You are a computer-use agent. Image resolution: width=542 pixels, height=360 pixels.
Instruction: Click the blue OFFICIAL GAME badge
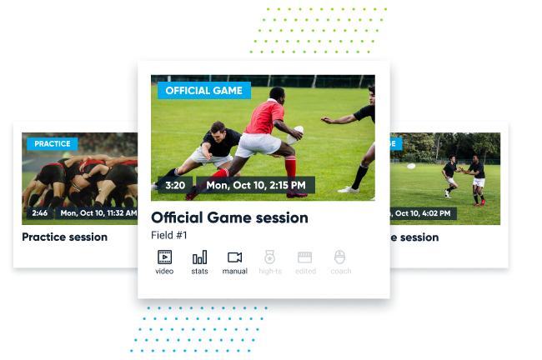203,90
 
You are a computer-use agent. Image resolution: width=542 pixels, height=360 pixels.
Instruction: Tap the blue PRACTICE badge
52,143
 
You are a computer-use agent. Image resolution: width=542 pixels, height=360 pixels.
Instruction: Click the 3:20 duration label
174,185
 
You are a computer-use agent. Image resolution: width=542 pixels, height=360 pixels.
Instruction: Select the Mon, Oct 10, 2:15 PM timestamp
256,185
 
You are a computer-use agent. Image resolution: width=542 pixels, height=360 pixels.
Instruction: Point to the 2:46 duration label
39,213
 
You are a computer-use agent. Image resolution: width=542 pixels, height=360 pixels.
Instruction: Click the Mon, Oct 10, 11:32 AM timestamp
98,213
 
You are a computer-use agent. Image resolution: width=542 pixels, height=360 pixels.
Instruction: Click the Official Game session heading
229,217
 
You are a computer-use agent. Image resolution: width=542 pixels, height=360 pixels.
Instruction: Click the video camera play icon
164,257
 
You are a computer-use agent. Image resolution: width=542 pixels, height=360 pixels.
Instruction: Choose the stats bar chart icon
199,257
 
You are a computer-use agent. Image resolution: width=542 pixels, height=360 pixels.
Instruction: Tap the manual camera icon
234,257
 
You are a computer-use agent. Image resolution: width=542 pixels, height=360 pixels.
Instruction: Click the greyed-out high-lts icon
269,257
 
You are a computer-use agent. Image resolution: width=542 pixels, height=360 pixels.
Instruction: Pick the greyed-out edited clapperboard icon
304,257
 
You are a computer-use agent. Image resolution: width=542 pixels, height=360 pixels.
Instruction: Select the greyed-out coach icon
339,257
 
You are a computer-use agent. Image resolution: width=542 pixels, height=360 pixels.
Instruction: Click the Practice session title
64,237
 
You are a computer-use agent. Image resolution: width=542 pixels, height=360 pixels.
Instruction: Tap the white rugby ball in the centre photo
297,132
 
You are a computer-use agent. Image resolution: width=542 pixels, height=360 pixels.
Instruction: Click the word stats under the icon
199,271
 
